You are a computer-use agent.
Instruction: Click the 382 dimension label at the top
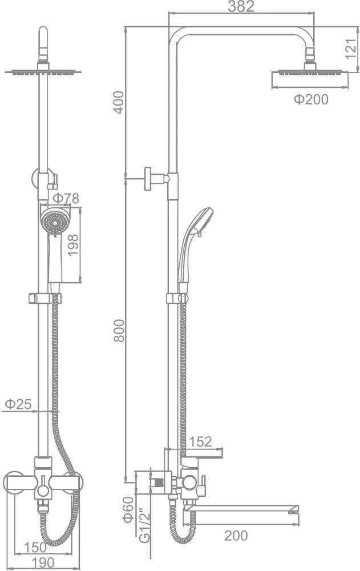(241, 6)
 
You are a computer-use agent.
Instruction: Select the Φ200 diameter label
(312, 99)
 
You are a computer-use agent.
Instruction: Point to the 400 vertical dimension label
(119, 102)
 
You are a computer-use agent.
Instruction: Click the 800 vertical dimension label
(119, 331)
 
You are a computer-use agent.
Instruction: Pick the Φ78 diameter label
(66, 199)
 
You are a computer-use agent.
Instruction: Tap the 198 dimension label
(72, 246)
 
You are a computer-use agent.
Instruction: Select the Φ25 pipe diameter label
(19, 404)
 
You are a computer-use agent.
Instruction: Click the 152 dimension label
(200, 442)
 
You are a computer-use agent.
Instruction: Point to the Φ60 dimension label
(128, 510)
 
